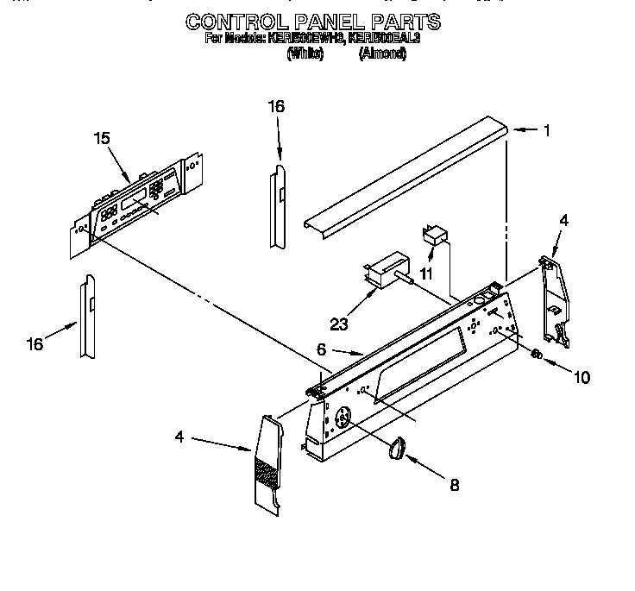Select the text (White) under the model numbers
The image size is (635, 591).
(305, 53)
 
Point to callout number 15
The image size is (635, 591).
(102, 138)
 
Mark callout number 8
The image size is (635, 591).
(454, 485)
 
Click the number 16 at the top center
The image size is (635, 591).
(275, 106)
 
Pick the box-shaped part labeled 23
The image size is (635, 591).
(386, 267)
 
